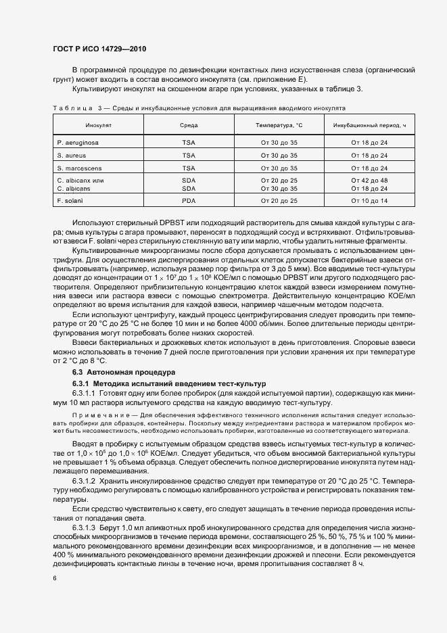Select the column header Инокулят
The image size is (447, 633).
pos(80,126)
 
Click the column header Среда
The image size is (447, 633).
pos(189,126)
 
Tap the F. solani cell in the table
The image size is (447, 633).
pos(70,202)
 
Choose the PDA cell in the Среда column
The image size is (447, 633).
pos(189,202)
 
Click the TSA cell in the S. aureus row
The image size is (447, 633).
pos(189,155)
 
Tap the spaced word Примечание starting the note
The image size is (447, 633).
pos(100,415)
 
